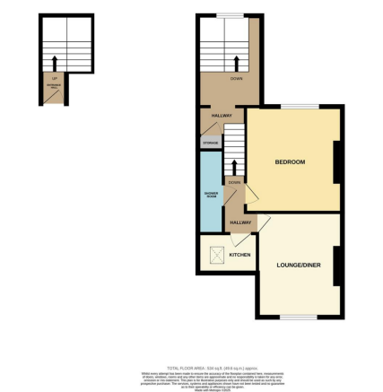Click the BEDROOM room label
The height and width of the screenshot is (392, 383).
pos(290,161)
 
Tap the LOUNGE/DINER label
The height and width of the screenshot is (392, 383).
pos(299,265)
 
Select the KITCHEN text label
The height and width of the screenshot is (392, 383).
pos(239,256)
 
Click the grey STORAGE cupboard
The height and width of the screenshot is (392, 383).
pos(210,141)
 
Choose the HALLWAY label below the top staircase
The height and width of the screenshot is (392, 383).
pos(222,116)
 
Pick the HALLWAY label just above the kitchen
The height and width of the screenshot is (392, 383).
pos(240,222)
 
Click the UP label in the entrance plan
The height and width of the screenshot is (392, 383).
pos(56,78)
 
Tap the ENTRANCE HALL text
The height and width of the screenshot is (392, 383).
pos(56,87)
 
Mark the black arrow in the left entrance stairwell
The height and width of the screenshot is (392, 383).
pos(56,64)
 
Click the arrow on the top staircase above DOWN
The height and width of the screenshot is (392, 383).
pos(236,63)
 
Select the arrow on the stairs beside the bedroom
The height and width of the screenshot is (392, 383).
pos(235,167)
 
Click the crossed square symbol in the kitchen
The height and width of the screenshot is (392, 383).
pos(216,255)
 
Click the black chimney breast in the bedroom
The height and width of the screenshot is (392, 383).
pos(337,162)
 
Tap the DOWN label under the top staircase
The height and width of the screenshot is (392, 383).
pos(236,79)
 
